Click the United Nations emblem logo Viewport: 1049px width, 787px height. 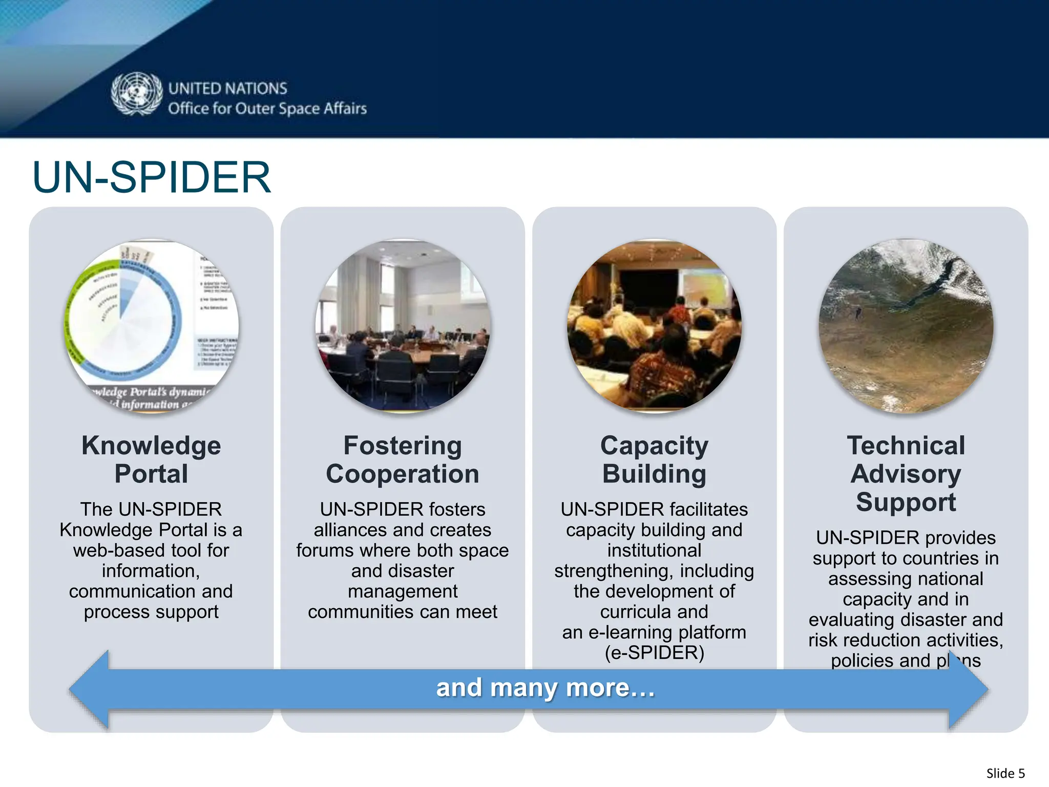coord(136,94)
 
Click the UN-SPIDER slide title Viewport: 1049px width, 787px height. coord(151,177)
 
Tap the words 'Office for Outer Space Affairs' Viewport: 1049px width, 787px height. coord(267,109)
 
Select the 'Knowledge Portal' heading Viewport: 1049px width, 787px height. coord(151,459)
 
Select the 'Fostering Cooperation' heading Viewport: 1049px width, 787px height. coord(403,459)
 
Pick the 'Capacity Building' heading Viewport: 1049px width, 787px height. coord(654,459)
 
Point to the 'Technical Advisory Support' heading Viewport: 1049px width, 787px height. coord(906,473)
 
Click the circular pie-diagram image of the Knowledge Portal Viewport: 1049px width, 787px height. coord(151,326)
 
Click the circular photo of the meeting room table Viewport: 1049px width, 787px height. coord(403,326)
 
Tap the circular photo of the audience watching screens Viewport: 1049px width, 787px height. coord(654,326)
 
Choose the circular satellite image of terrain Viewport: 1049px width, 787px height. coord(906,326)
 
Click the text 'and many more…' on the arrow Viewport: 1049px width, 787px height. coord(546,688)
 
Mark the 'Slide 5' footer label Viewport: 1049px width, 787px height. coord(1005,773)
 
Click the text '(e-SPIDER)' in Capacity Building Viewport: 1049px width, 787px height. coord(654,653)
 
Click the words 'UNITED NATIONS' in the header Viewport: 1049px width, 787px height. coord(228,89)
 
